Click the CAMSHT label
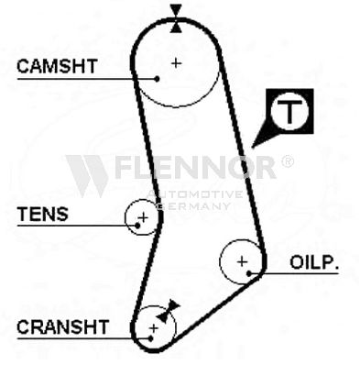pyautogui.click(x=57, y=66)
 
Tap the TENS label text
pyautogui.click(x=42, y=214)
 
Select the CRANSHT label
pyautogui.click(x=63, y=326)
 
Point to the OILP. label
pyautogui.click(x=314, y=262)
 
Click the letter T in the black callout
pyautogui.click(x=289, y=111)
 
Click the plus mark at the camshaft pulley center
pyautogui.click(x=176, y=63)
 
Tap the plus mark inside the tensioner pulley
pyautogui.click(x=143, y=217)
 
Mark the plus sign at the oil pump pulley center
pyautogui.click(x=242, y=261)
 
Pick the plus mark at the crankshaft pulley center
pyautogui.click(x=154, y=328)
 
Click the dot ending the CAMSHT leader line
pyautogui.click(x=157, y=79)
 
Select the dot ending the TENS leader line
pyautogui.click(x=137, y=226)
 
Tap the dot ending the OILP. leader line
pyautogui.click(x=249, y=273)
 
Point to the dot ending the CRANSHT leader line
pyautogui.click(x=150, y=338)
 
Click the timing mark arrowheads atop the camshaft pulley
pyautogui.click(x=176, y=18)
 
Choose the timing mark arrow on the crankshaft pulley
pyautogui.click(x=168, y=311)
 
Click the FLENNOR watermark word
pyautogui.click(x=195, y=167)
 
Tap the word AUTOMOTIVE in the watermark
pyautogui.click(x=195, y=194)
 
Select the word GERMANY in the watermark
pyautogui.click(x=194, y=206)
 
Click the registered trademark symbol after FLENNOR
pyautogui.click(x=287, y=161)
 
